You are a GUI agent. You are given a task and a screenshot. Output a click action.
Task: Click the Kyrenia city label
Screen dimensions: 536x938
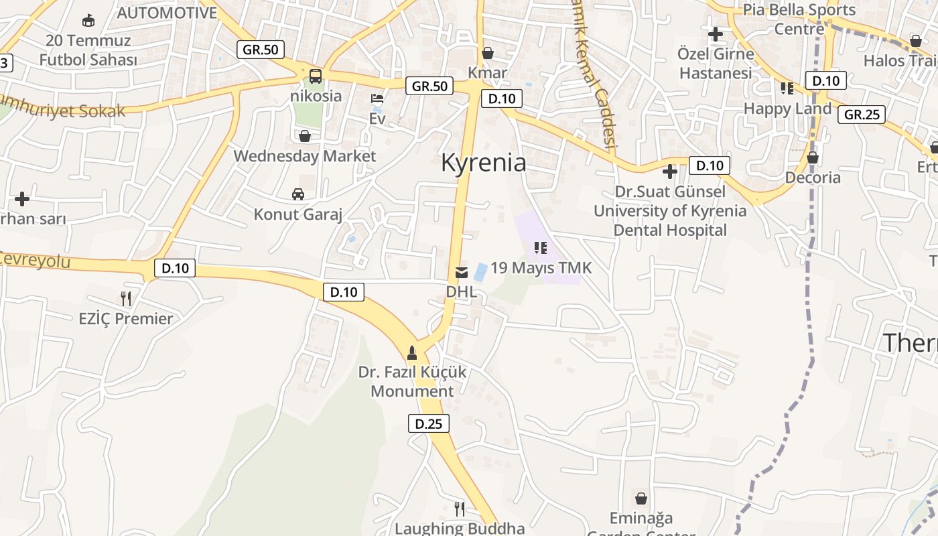coord(483,163)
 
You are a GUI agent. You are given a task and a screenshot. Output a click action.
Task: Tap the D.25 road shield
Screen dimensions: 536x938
coord(428,423)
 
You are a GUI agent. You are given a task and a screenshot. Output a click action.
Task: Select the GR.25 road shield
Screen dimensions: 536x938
coord(862,115)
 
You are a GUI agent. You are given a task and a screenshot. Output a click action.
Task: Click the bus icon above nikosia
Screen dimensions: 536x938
coord(315,76)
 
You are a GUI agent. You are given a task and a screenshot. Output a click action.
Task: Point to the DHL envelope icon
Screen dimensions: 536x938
coord(462,273)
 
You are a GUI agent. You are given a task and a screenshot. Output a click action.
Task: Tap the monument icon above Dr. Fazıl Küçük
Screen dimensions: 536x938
coord(412,352)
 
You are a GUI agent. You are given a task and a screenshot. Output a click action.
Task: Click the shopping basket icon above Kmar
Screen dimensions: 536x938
coord(488,53)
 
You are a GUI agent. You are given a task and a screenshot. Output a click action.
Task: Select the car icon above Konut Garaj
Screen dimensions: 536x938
coord(298,194)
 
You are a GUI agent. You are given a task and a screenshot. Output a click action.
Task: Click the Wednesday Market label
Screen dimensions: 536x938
coord(304,156)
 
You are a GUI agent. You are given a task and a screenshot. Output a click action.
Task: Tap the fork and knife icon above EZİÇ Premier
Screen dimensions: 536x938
coord(125,298)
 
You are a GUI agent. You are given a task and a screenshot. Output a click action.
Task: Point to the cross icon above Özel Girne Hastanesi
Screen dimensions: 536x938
coord(716,33)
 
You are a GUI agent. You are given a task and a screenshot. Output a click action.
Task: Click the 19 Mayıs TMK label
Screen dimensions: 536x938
coord(541,268)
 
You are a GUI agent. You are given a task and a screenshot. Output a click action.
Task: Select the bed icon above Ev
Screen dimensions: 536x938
coord(378,98)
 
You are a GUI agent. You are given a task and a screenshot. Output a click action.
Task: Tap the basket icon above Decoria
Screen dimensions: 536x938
coord(813,158)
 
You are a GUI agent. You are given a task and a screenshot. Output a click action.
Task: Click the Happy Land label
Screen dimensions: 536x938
coord(787,109)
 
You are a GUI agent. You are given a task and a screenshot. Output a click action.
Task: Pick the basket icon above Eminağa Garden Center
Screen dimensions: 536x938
coord(641,498)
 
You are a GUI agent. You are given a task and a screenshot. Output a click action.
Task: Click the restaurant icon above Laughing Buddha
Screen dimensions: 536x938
coord(460,509)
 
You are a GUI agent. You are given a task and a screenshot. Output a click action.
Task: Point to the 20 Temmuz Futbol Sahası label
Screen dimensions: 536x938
coord(88,50)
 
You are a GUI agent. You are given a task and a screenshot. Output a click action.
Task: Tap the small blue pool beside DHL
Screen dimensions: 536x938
coord(480,272)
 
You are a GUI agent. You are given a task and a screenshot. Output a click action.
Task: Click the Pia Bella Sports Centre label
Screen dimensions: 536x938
coord(799,19)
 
